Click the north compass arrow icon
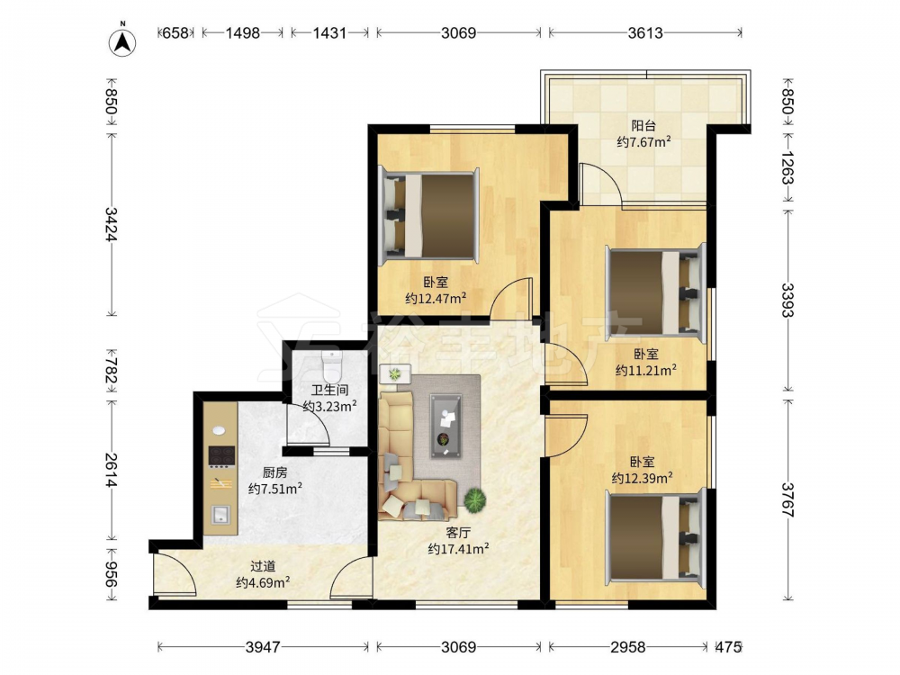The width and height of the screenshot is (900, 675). (x=122, y=42)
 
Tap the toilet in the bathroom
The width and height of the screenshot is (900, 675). (x=332, y=367)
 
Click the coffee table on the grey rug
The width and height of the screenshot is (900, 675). (x=446, y=426)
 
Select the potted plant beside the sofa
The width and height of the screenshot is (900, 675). (x=474, y=499)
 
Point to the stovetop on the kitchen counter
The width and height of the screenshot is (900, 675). (x=221, y=455)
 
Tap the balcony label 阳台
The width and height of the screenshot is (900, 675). (x=643, y=125)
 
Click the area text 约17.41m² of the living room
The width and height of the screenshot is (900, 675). (x=458, y=549)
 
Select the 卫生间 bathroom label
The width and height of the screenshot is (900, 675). (x=329, y=391)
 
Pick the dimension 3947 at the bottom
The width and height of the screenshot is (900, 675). (x=263, y=647)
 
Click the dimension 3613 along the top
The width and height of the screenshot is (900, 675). (x=645, y=32)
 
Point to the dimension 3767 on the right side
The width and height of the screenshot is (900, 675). (x=787, y=499)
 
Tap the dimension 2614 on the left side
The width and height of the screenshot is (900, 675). (x=111, y=470)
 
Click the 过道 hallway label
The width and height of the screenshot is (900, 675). (x=263, y=566)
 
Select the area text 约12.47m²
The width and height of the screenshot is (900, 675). (x=435, y=299)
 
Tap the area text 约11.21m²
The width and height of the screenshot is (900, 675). (x=645, y=370)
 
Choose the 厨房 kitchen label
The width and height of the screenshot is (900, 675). (x=274, y=473)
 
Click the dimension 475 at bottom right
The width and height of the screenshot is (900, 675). (x=728, y=647)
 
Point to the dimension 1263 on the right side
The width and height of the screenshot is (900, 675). (x=787, y=167)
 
